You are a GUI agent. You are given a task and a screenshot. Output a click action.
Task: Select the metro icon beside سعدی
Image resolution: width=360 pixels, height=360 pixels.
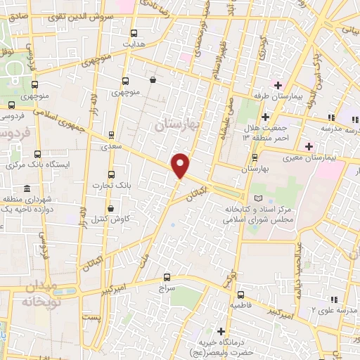click(x=111, y=135)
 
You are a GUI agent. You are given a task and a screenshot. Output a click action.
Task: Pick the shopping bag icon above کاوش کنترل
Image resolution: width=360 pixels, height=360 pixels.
click(x=111, y=208)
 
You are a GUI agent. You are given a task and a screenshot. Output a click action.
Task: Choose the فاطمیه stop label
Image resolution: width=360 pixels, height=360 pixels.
click(x=241, y=306)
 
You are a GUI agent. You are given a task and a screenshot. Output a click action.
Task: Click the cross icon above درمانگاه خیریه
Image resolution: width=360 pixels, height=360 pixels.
click(x=221, y=331)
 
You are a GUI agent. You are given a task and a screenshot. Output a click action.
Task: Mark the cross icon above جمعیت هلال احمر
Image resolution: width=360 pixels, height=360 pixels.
click(x=265, y=116)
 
